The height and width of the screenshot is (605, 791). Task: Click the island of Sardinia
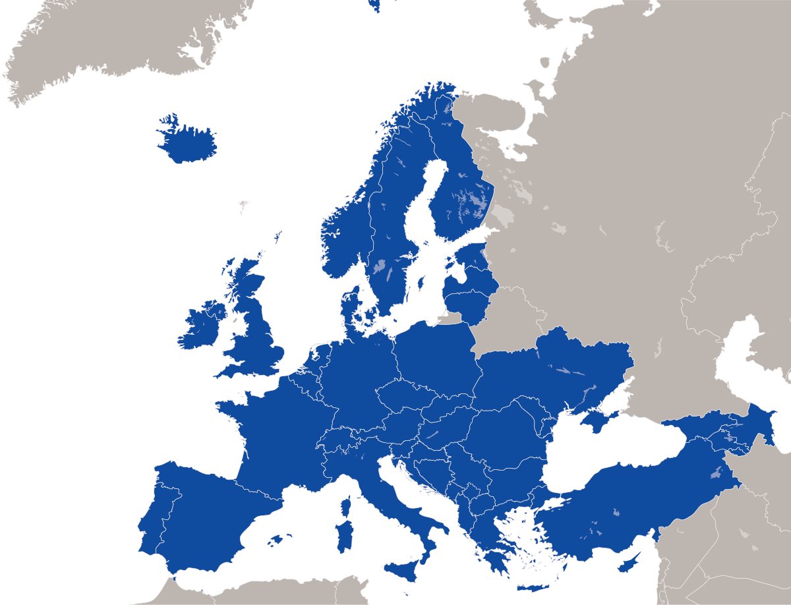(x=343, y=536)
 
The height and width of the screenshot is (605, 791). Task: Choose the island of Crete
(x=534, y=589)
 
